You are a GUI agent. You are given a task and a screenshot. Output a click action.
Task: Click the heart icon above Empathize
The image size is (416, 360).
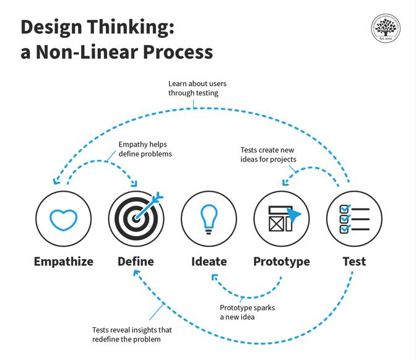[x=64, y=219]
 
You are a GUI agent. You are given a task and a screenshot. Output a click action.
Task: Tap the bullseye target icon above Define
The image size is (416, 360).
[x=136, y=218]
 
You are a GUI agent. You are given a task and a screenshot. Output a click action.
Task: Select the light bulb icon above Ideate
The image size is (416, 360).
[x=209, y=217]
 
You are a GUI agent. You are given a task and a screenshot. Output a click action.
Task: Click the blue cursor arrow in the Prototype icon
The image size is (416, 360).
[x=294, y=214]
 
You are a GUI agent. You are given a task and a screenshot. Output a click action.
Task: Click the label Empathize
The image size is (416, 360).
[x=64, y=261]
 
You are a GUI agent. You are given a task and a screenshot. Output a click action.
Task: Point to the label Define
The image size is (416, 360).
[x=136, y=261]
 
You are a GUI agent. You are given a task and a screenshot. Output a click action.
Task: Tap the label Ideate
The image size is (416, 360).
[x=209, y=261]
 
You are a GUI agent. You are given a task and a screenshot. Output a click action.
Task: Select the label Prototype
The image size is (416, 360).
[x=282, y=261]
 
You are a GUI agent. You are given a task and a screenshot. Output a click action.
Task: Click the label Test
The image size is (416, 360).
[x=354, y=261]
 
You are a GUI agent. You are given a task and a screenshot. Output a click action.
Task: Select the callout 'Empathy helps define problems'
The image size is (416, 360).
[x=145, y=149]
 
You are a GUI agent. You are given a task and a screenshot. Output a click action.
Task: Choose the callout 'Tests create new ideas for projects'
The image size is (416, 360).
[x=268, y=155]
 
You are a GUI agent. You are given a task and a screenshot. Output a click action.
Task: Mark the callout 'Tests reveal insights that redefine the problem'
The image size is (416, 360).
[x=131, y=335]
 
